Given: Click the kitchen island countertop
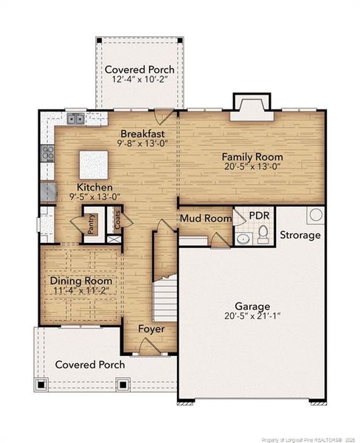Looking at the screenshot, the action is point(94,165).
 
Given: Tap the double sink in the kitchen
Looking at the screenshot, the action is point(76,119).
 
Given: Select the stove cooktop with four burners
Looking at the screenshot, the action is point(47,154).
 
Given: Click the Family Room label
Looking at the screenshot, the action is point(252,157).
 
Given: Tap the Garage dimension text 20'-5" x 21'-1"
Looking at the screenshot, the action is point(252,315).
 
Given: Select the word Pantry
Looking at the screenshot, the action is point(91,224).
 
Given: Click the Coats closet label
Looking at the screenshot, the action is point(117,220).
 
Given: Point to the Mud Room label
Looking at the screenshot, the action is point(206,219).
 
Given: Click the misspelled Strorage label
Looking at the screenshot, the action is point(300,235).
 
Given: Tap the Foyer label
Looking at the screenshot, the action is point(151,329).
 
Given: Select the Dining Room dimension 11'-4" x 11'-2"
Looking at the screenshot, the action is point(81,290).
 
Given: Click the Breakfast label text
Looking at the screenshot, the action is point(142,134).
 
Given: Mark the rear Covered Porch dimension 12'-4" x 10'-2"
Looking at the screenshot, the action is point(139,79).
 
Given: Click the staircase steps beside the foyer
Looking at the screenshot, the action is point(165,300).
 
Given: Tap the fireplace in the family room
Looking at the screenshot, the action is point(252,108).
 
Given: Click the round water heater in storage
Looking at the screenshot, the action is point(316,215).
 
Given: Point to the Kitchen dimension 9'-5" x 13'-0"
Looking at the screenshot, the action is point(95,196).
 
